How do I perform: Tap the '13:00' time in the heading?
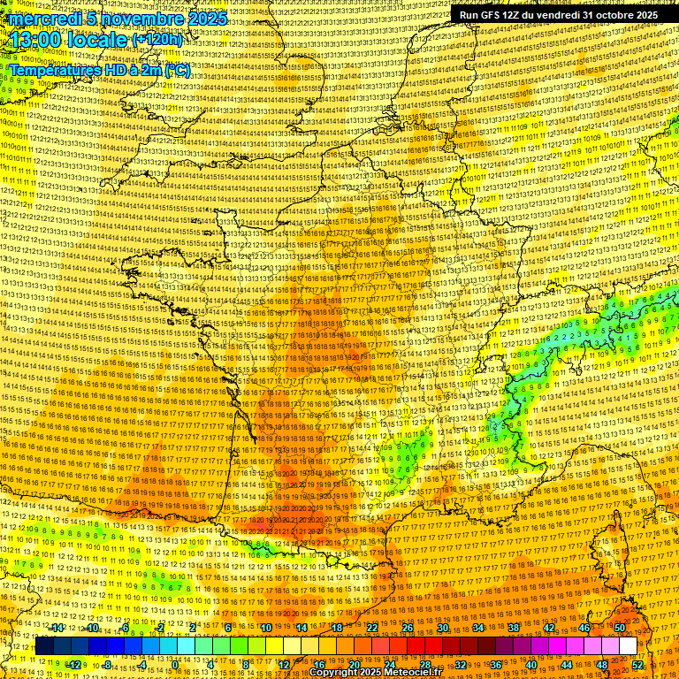(36, 40)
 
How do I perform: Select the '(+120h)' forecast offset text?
(157, 40)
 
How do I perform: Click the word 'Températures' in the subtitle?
(52, 70)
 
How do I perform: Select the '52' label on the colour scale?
(637, 664)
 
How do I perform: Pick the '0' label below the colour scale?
(175, 664)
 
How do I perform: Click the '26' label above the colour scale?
(407, 628)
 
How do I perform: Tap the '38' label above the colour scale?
(513, 628)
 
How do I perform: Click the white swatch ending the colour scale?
(628, 646)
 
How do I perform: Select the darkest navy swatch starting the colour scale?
(44, 646)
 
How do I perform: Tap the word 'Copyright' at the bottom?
(333, 673)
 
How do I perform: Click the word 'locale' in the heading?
(98, 40)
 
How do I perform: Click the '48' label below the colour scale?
(601, 664)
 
